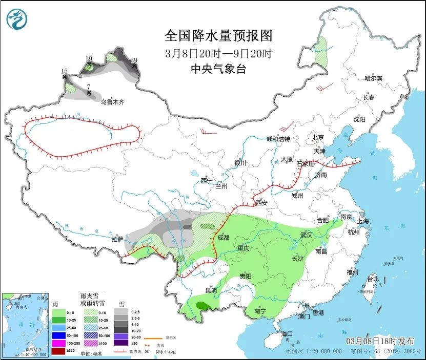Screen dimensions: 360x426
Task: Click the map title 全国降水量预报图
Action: click(x=218, y=35)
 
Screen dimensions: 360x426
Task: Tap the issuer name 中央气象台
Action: click(x=218, y=69)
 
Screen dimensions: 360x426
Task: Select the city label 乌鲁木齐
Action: click(x=112, y=102)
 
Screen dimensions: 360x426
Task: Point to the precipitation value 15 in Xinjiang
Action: click(x=64, y=72)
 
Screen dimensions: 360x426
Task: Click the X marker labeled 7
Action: click(x=89, y=93)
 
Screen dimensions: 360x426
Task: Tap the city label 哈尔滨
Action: click(x=373, y=78)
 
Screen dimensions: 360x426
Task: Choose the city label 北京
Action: click(x=318, y=137)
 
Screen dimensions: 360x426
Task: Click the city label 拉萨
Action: click(x=117, y=239)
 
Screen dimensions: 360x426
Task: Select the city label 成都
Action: click(x=224, y=238)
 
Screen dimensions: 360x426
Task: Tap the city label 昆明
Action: click(x=211, y=290)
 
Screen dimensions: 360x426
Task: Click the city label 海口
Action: click(x=288, y=334)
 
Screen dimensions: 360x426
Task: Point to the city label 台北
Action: click(x=372, y=279)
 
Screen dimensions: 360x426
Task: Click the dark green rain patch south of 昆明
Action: click(x=204, y=306)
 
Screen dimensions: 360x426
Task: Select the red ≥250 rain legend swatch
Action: click(x=58, y=352)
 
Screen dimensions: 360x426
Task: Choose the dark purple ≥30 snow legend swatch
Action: click(x=121, y=344)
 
